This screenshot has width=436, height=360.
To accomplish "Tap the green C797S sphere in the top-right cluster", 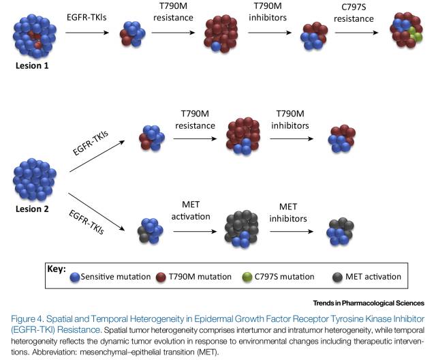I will [414, 31].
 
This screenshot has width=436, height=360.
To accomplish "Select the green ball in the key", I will [267, 277].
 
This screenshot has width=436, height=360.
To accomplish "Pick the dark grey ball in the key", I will [338, 277].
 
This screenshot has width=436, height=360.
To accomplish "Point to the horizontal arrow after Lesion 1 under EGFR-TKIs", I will [86, 31].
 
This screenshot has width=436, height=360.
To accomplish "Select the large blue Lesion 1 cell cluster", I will [35, 33].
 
